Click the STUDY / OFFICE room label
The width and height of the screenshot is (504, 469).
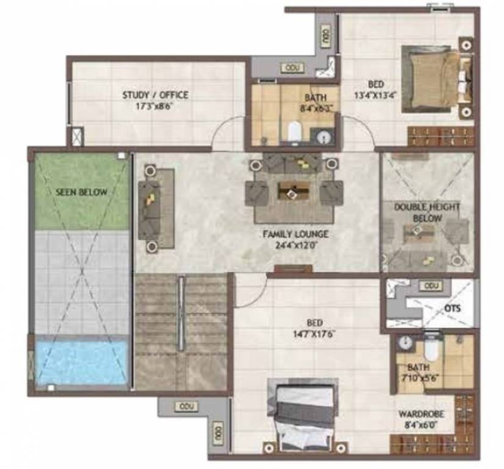click(155, 95)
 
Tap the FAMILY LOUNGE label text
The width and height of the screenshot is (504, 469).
click(296, 234)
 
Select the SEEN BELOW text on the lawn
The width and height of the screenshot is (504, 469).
click(81, 192)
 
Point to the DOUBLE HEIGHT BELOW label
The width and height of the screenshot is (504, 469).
click(427, 213)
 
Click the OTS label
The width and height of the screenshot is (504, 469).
click(452, 308)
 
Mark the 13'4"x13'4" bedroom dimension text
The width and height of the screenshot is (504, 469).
click(376, 95)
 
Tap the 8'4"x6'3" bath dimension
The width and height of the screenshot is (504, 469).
click(315, 107)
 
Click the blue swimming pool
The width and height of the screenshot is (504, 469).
click(81, 362)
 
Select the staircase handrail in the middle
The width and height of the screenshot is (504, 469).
click(181, 314)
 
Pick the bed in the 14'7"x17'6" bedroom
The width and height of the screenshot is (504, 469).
click(303, 415)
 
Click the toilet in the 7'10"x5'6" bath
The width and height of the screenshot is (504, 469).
click(431, 349)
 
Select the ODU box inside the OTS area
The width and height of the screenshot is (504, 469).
click(432, 286)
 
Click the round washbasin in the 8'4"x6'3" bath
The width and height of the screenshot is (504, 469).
click(324, 137)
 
